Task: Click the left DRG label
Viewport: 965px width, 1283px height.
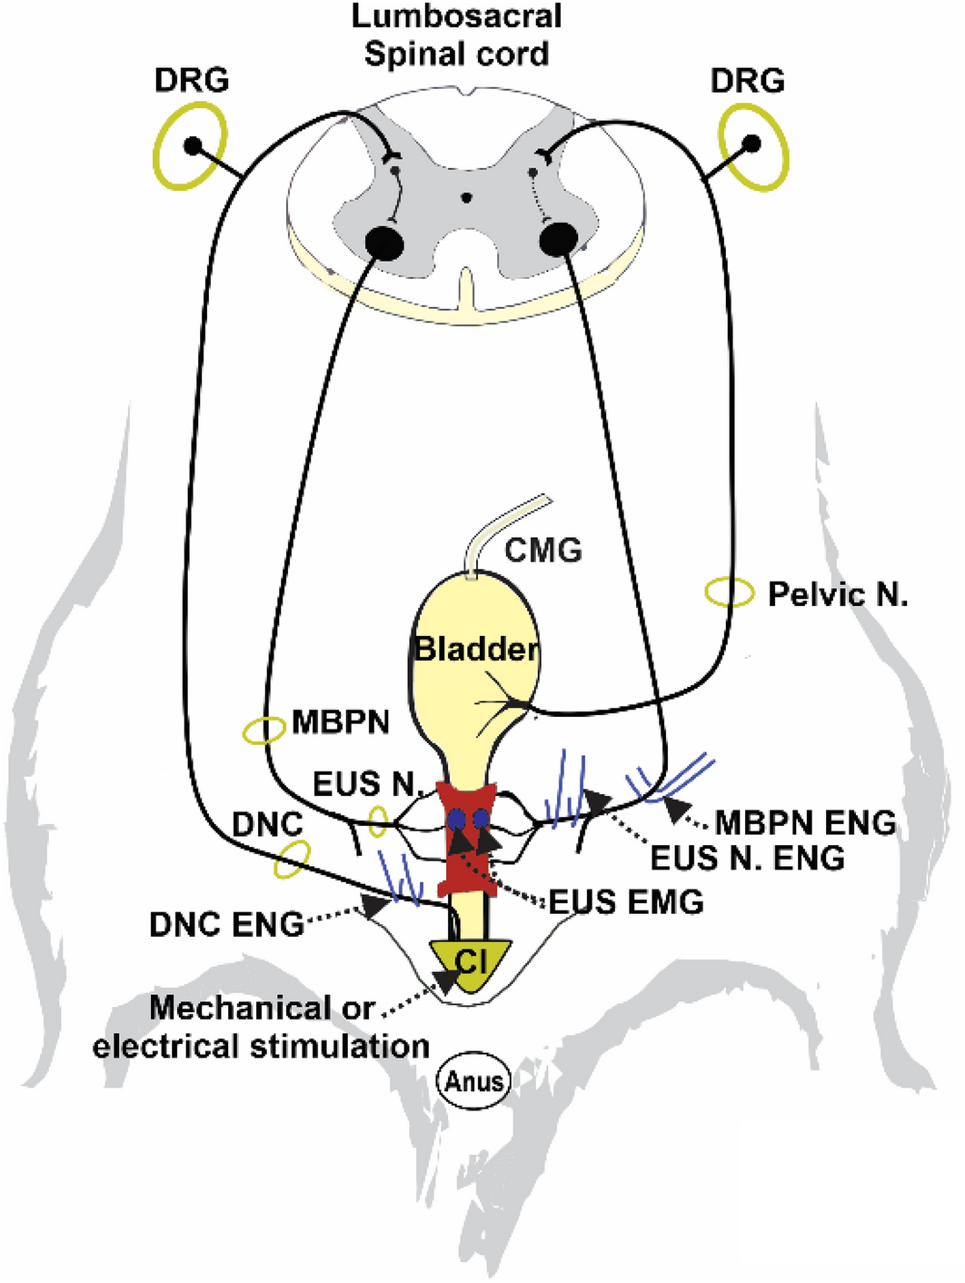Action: [191, 80]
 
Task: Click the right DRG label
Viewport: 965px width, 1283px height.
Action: [747, 80]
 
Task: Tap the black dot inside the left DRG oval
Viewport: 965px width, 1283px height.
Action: [192, 145]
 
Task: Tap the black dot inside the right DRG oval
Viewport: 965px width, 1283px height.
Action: [751, 144]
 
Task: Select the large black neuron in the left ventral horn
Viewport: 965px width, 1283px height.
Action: [384, 243]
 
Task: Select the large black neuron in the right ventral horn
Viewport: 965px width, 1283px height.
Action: [558, 241]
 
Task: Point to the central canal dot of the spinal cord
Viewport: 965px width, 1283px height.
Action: [466, 197]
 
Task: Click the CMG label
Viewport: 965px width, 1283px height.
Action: [543, 550]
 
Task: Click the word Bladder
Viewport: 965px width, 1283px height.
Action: [476, 649]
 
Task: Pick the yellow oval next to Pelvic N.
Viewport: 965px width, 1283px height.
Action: [730, 593]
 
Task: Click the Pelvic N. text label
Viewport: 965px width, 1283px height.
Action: [837, 594]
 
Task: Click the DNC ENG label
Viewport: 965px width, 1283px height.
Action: [226, 924]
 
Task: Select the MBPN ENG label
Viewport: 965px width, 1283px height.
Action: [805, 822]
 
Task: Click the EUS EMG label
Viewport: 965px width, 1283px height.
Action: [626, 901]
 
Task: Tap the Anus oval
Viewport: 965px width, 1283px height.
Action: [474, 1081]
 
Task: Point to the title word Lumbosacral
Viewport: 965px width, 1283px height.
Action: [456, 16]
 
